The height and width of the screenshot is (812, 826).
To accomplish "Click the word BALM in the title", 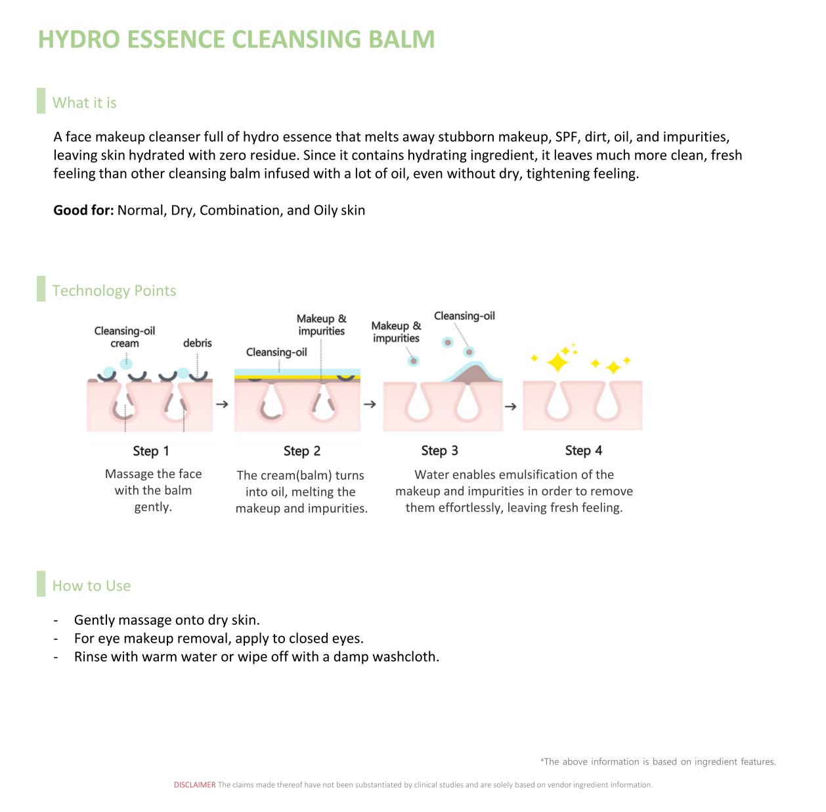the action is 401,39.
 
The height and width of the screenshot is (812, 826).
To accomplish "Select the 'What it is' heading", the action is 85,103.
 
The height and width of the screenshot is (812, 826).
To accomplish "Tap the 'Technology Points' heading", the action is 114,291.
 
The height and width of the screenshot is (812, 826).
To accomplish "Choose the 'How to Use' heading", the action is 91,586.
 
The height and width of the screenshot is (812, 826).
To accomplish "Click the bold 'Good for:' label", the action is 83,210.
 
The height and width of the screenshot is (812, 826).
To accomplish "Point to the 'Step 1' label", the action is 151,451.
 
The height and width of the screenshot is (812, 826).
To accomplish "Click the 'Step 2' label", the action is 302,451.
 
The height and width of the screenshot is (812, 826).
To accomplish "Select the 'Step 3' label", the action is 439,450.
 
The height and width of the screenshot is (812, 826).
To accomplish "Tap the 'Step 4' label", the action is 583,450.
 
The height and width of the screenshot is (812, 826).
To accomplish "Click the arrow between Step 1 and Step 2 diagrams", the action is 222,404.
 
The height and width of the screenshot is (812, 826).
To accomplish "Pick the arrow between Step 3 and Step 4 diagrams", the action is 510,406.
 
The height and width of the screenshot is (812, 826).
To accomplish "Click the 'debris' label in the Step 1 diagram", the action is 197,343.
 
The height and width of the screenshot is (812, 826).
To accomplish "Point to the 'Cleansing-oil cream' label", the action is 125,337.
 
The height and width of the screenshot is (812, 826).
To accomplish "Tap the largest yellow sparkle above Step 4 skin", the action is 557,363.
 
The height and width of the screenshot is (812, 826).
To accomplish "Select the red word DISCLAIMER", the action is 194,784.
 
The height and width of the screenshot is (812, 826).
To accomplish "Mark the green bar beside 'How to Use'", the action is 41,584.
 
